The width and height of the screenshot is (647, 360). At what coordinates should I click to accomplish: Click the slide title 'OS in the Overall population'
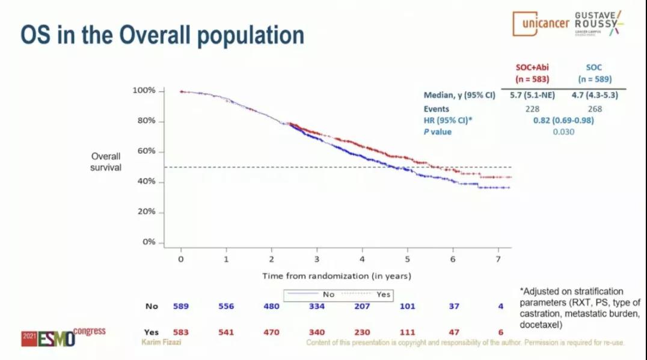click(162, 35)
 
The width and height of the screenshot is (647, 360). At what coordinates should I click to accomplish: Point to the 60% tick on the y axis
click(144, 151)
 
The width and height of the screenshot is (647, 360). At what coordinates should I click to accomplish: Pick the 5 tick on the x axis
click(407, 259)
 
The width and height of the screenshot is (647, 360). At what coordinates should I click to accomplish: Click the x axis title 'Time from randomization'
click(336, 276)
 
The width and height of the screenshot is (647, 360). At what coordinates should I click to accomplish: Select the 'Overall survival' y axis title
click(106, 162)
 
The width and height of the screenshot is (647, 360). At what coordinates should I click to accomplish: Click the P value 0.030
click(563, 132)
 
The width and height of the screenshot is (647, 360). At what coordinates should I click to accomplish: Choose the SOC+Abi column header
click(532, 73)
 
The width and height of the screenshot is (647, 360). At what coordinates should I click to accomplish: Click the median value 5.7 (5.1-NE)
click(532, 95)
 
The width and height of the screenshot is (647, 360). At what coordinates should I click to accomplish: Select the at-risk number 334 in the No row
click(317, 306)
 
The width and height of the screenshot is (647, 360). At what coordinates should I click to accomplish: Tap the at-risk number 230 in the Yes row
click(362, 332)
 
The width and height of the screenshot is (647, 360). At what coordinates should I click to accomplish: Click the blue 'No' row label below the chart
click(152, 306)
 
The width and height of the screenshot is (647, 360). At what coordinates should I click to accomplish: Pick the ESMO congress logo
click(63, 338)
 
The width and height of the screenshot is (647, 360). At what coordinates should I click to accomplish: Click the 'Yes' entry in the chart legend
click(384, 294)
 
